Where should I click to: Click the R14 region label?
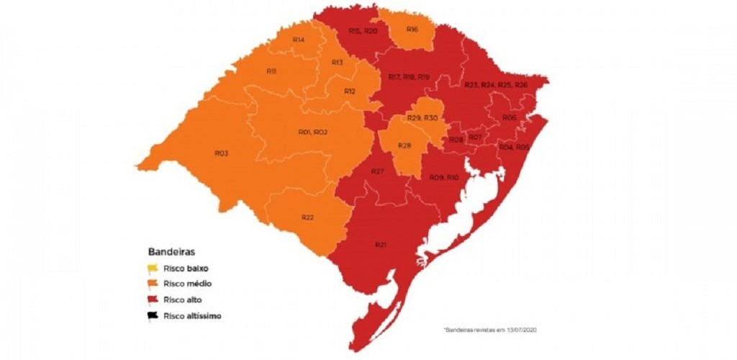(299, 40)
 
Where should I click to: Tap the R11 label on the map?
(271, 71)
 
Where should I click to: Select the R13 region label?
(337, 63)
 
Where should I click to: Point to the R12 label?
(349, 91)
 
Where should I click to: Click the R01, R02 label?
(313, 132)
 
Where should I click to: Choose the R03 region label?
(221, 153)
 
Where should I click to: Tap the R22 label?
(307, 217)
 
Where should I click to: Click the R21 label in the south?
(381, 246)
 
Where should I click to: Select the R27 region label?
(377, 171)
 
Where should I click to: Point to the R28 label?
(404, 146)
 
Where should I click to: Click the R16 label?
(412, 30)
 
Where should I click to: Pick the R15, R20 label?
(362, 32)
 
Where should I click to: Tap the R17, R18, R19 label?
(408, 77)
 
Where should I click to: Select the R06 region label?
(509, 117)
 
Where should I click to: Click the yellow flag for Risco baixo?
(153, 269)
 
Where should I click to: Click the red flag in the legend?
(153, 300)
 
